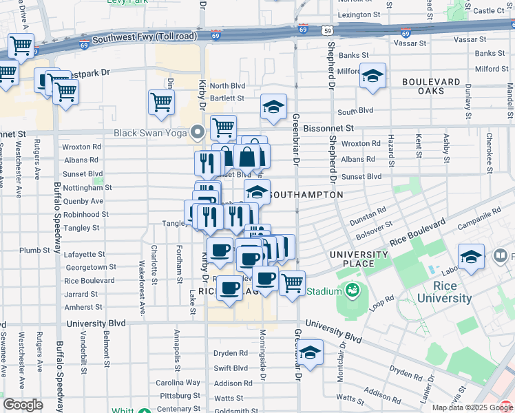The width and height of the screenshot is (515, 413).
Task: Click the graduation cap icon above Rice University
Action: point(471,257)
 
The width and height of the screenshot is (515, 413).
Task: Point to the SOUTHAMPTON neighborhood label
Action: point(304,195)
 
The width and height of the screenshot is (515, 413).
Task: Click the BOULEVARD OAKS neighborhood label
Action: point(430,86)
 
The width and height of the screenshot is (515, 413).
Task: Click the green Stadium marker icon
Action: point(353,290)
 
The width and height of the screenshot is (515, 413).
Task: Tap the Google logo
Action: point(23,404)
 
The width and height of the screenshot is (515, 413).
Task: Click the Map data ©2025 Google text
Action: point(472,407)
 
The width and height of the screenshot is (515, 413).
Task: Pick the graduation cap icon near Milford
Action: point(372,76)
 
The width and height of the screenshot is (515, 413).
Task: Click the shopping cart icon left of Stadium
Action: point(292,282)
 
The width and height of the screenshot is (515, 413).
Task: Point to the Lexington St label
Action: point(359,14)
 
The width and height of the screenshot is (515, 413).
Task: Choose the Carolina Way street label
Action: point(178,382)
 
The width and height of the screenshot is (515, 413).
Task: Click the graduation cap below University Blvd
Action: point(311,353)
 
